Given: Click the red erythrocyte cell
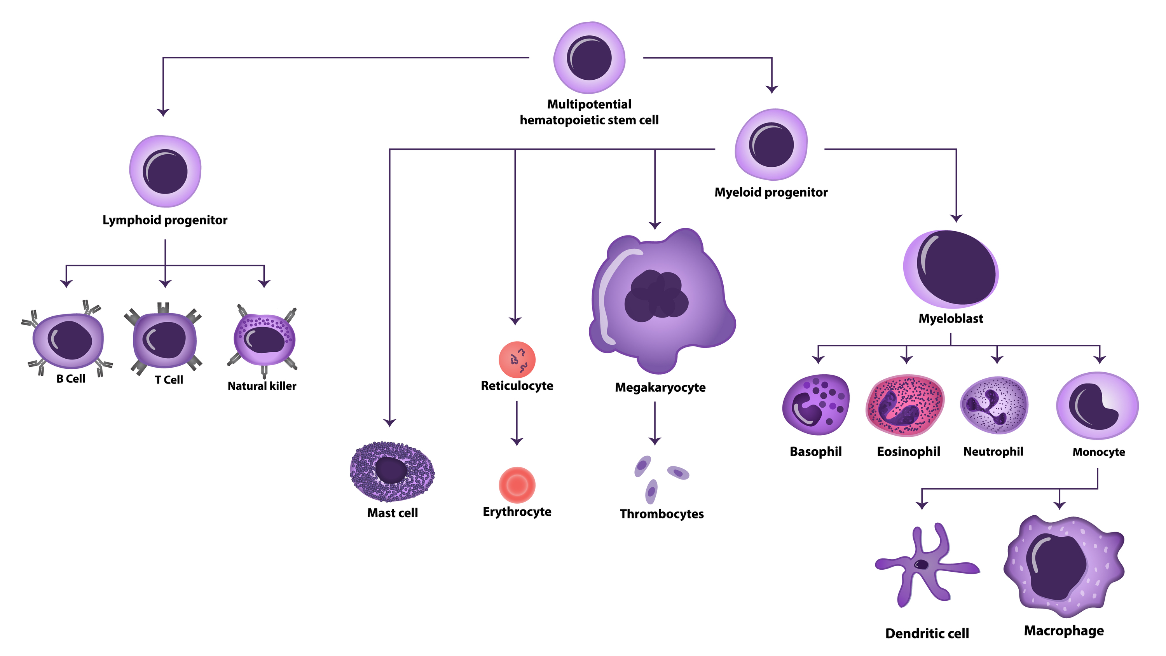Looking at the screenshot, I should [517, 485].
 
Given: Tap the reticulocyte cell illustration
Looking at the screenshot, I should [517, 359].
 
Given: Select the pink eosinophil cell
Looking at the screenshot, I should [905, 405].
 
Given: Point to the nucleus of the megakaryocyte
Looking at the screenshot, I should [656, 296].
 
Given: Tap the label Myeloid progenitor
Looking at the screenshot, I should [770, 192].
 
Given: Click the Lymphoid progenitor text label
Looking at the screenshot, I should [165, 220].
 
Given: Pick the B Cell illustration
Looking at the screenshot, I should [68, 340].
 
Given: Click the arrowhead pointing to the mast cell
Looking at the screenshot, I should [390, 422].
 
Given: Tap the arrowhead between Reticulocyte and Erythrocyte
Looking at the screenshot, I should [517, 441].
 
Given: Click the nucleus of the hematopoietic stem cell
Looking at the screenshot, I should [589, 58].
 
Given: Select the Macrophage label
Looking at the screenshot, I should [1063, 631].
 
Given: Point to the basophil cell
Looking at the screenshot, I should [816, 405].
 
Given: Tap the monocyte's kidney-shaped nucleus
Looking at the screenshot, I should [1091, 407].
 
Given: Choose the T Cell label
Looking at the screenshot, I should [169, 380].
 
